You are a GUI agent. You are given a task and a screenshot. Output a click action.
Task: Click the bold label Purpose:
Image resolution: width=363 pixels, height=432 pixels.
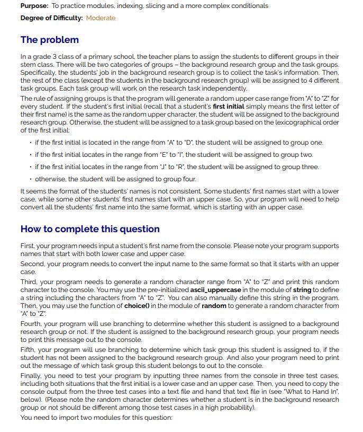(34, 6)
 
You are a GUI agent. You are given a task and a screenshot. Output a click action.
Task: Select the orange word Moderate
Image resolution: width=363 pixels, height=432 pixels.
(101, 18)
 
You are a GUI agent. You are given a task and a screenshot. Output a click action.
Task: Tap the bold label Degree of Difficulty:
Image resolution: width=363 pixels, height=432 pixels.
(51, 18)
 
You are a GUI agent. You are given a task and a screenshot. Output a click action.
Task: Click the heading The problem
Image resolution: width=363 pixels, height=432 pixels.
(49, 40)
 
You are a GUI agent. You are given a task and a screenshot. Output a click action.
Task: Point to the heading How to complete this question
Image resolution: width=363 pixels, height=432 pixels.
(90, 229)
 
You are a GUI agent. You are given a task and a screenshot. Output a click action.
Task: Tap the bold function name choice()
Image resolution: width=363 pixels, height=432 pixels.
(138, 306)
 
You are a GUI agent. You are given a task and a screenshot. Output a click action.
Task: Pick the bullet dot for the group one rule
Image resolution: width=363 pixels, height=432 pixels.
(30, 143)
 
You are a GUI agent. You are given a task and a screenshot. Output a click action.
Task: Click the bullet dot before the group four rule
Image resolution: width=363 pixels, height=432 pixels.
(30, 179)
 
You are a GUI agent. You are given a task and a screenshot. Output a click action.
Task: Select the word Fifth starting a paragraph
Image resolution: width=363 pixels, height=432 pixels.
(29, 350)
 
